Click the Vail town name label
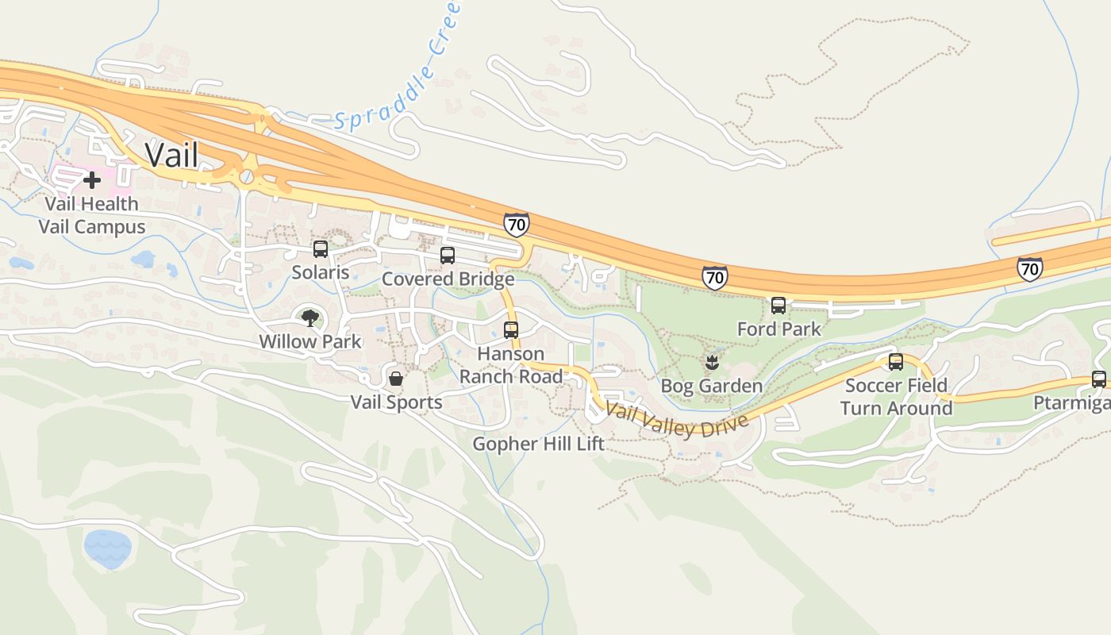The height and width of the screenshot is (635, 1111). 172,155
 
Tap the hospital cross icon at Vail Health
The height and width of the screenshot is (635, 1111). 92,180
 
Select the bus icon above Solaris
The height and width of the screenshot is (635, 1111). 321,249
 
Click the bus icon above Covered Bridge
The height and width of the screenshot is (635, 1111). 448,256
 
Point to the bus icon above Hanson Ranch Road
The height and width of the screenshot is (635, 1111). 511,330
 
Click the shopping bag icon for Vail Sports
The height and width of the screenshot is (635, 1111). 396,379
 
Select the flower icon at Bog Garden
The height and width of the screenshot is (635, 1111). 711,364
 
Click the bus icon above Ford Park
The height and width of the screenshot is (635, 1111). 778,306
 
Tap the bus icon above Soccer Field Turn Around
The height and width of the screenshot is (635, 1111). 896,362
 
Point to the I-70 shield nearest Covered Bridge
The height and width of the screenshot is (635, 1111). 516,225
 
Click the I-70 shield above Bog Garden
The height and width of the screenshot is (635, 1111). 714,277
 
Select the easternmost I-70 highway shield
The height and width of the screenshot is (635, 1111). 1029,269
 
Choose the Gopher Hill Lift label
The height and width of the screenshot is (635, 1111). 539,444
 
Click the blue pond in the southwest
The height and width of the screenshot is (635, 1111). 107,548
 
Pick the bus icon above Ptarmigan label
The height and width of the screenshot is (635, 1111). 1099,379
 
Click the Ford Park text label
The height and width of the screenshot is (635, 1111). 778,329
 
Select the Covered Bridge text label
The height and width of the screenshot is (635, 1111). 448,279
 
